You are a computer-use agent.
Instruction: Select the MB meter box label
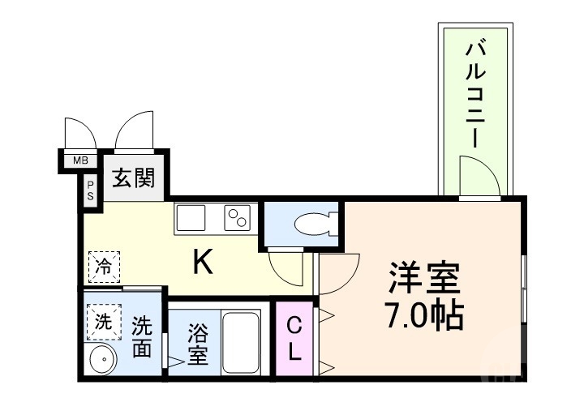pyautogui.click(x=80, y=160)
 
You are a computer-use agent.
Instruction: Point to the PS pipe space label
pyautogui.click(x=90, y=191)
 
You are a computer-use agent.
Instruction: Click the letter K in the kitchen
pyautogui.click(x=203, y=261)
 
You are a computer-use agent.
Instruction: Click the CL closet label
pyautogui.click(x=294, y=339)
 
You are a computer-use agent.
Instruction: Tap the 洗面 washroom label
pyautogui.click(x=142, y=336)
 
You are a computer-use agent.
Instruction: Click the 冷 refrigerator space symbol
pyautogui.click(x=104, y=265)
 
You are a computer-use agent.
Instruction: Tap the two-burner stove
pyautogui.click(x=236, y=217)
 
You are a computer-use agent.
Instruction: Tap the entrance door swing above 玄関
pyautogui.click(x=133, y=130)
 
